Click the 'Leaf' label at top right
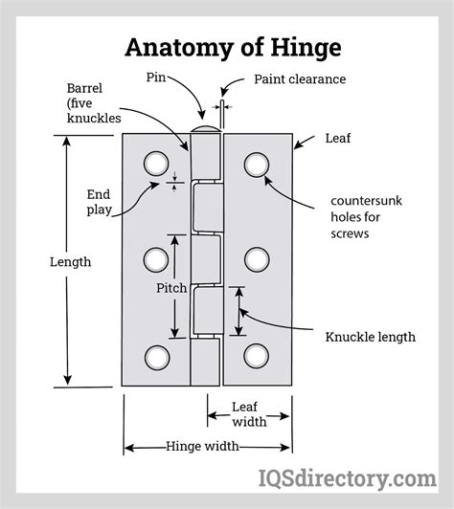coord(338,139)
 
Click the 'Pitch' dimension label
coord(172,287)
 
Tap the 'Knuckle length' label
coord(370,336)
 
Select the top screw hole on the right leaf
coord(256,165)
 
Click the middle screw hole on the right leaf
coord(256,259)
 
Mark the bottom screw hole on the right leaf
coord(256,356)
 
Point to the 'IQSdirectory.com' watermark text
coord(352,477)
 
